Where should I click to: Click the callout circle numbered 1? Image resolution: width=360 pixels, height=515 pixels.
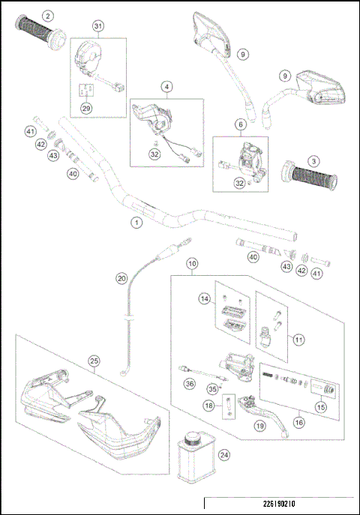click(x=136, y=223)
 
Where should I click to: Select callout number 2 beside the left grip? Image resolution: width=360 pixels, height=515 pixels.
click(x=48, y=15)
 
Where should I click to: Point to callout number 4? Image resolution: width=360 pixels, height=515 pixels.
click(x=165, y=87)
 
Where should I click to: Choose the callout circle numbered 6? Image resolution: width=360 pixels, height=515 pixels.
click(x=241, y=124)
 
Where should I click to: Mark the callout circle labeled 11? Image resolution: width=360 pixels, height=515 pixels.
click(x=299, y=339)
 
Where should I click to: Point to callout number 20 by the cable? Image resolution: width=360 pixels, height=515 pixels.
click(x=121, y=278)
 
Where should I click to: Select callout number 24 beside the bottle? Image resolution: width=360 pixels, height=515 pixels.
click(x=223, y=454)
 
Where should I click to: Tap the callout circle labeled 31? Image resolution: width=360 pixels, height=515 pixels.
click(x=98, y=26)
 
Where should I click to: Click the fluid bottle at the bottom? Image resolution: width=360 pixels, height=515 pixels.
click(x=196, y=458)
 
